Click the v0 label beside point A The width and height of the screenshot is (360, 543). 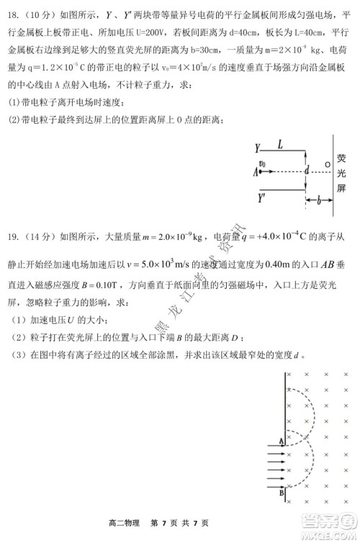tap(261, 163)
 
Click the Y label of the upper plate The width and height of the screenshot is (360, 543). tap(257, 148)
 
